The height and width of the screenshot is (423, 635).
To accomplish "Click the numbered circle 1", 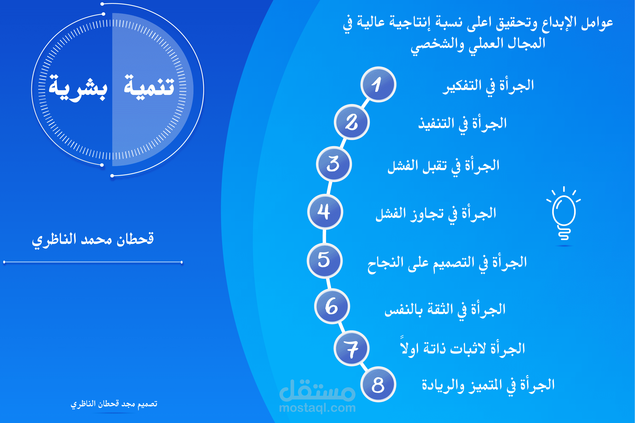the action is pyautogui.click(x=378, y=84).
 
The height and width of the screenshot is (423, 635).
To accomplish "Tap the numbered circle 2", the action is pyautogui.click(x=352, y=122).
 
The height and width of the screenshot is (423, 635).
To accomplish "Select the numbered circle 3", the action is pyautogui.click(x=334, y=164).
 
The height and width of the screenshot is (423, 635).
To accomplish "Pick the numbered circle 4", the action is pyautogui.click(x=325, y=212).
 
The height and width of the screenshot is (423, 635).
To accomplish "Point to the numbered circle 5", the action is pyautogui.click(x=325, y=261).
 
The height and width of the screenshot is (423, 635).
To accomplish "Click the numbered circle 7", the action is pyautogui.click(x=352, y=348).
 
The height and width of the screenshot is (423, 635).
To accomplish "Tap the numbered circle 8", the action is pyautogui.click(x=378, y=384).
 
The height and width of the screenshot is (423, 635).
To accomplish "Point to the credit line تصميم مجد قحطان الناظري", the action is pyautogui.click(x=114, y=404).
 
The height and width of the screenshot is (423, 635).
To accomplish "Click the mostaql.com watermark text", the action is pyautogui.click(x=317, y=408).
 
